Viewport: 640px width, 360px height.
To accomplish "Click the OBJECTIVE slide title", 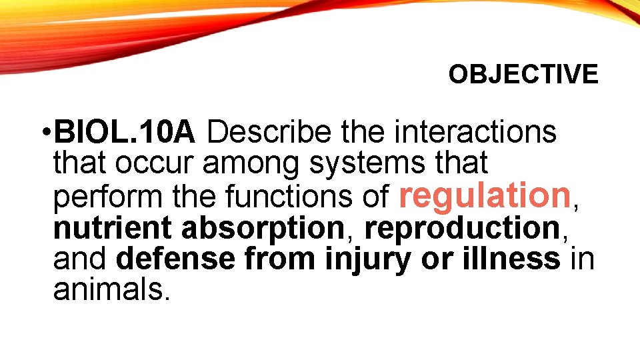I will coord(523,75).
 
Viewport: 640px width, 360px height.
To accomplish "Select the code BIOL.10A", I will coord(125,133).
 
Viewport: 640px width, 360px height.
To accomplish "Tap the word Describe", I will coord(268,133).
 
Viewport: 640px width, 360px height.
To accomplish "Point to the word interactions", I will coord(475,133).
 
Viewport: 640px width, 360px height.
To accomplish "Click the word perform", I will coord(105,197).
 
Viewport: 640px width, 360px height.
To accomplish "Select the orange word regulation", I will coord(484,195).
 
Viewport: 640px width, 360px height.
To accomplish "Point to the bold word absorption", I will coord(262,229).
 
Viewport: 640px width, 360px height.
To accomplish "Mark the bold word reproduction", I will coord(461,228).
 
